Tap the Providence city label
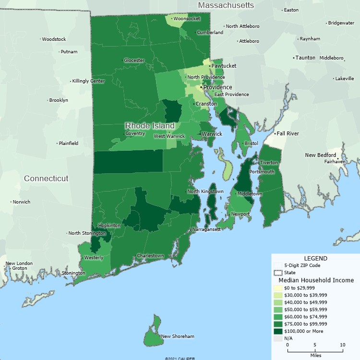point(217,87)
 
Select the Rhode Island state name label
point(150,126)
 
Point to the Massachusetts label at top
point(226,5)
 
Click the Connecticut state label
point(46,179)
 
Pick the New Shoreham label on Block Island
point(178,336)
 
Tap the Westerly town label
point(94,258)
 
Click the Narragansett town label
point(206,229)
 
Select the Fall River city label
point(287,133)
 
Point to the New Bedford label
point(321,155)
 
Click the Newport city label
point(240,214)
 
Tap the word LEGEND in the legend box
point(315,258)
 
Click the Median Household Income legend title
point(316,280)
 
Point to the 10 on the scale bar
point(342,345)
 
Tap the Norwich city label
point(22,202)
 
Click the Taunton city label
point(305,58)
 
